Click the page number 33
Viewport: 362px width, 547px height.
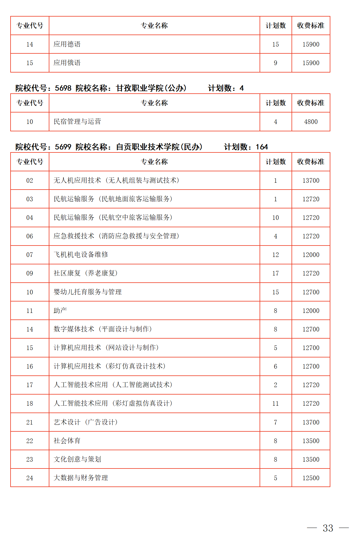(x=328, y=528)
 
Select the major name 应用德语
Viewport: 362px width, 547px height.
(x=67, y=44)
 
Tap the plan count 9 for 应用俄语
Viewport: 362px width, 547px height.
(x=275, y=63)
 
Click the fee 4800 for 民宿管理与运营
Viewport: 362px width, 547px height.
(x=311, y=122)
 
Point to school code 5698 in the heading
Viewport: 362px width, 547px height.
(x=63, y=88)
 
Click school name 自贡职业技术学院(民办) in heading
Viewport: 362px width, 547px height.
(x=159, y=147)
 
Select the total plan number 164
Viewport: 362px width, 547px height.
(x=262, y=147)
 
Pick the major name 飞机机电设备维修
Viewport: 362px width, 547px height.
(x=81, y=255)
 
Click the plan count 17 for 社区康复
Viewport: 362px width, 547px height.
(x=275, y=273)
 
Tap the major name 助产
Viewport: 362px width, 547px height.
(x=60, y=310)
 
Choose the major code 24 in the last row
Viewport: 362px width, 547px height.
(x=30, y=478)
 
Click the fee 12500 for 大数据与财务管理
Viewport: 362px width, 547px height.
(x=311, y=478)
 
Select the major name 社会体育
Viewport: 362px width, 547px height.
(x=67, y=441)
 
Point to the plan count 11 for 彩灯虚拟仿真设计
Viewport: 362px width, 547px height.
(x=275, y=403)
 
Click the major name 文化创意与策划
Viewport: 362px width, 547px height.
(x=77, y=459)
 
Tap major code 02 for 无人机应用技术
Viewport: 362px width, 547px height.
(x=30, y=180)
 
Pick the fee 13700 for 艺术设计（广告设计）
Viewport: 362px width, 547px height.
(x=311, y=422)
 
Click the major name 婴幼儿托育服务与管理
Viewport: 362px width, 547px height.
(x=88, y=292)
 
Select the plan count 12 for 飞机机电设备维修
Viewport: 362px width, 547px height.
(x=275, y=255)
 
